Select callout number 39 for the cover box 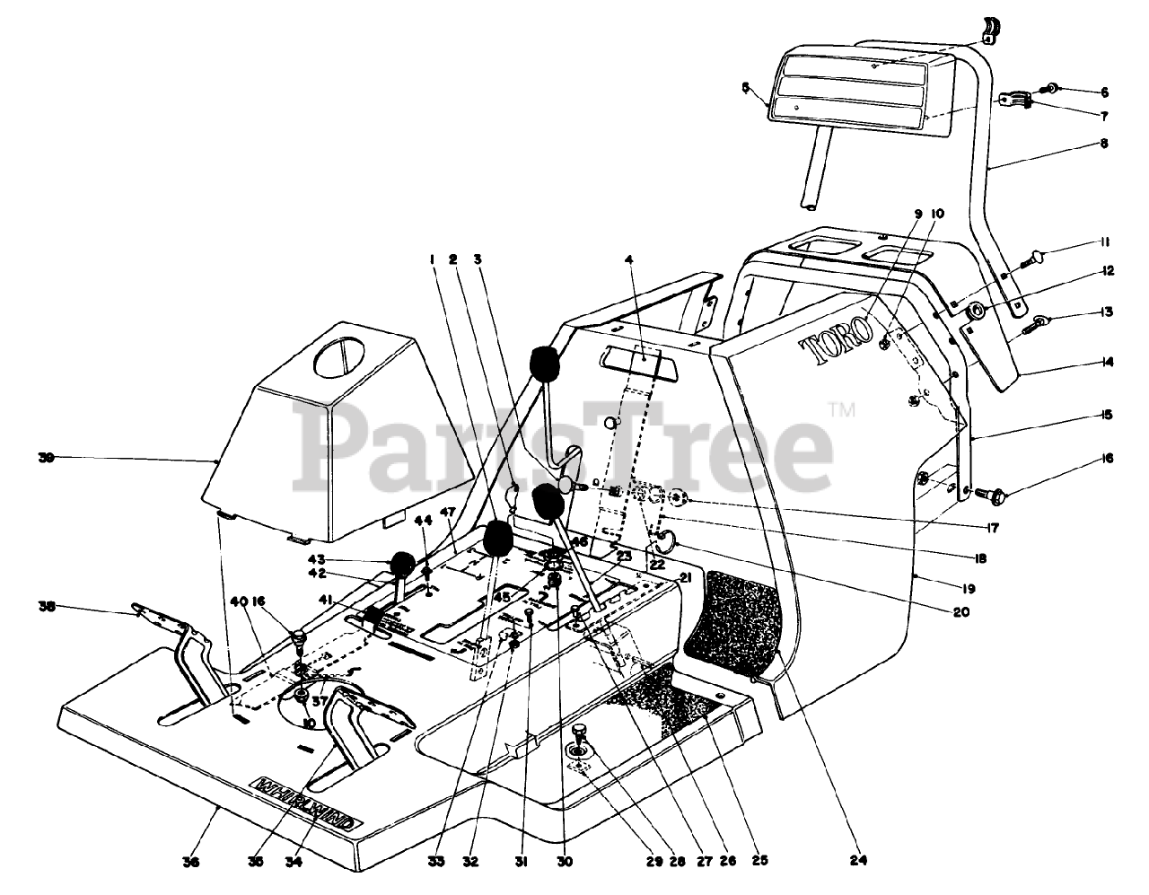click(46, 458)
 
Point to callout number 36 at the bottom click(190, 862)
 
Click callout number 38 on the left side click(46, 607)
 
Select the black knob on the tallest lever click(544, 364)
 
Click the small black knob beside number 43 click(403, 565)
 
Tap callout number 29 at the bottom click(653, 862)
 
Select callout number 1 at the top click(432, 260)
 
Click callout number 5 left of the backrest click(745, 87)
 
